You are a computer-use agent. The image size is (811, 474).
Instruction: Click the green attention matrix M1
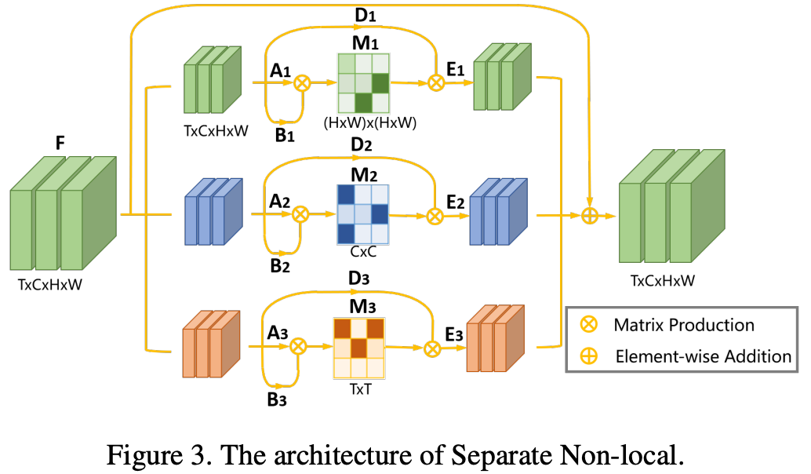363,82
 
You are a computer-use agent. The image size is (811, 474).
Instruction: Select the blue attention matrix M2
362,213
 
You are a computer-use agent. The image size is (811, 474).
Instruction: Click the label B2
280,265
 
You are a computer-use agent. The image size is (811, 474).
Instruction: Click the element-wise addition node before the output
590,215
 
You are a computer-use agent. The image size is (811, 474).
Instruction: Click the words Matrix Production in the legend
684,325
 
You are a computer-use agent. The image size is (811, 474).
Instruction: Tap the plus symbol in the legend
587,355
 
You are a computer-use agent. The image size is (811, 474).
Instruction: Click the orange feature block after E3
494,339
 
